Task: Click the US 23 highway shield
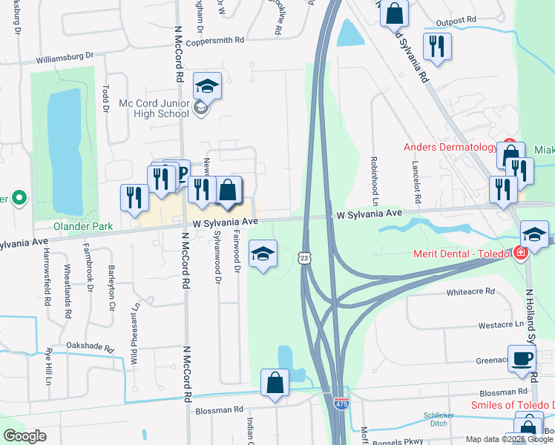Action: tap(304, 257)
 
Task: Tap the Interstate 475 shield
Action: tap(341, 404)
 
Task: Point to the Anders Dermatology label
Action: tap(450, 147)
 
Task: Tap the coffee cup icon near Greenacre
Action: tap(522, 360)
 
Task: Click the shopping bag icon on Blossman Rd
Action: tap(275, 383)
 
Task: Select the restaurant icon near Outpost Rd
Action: tap(436, 47)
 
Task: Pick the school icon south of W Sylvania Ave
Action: tap(262, 254)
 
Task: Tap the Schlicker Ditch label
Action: tap(439, 419)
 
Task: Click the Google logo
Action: tap(24, 436)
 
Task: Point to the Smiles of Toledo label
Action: tap(512, 405)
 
